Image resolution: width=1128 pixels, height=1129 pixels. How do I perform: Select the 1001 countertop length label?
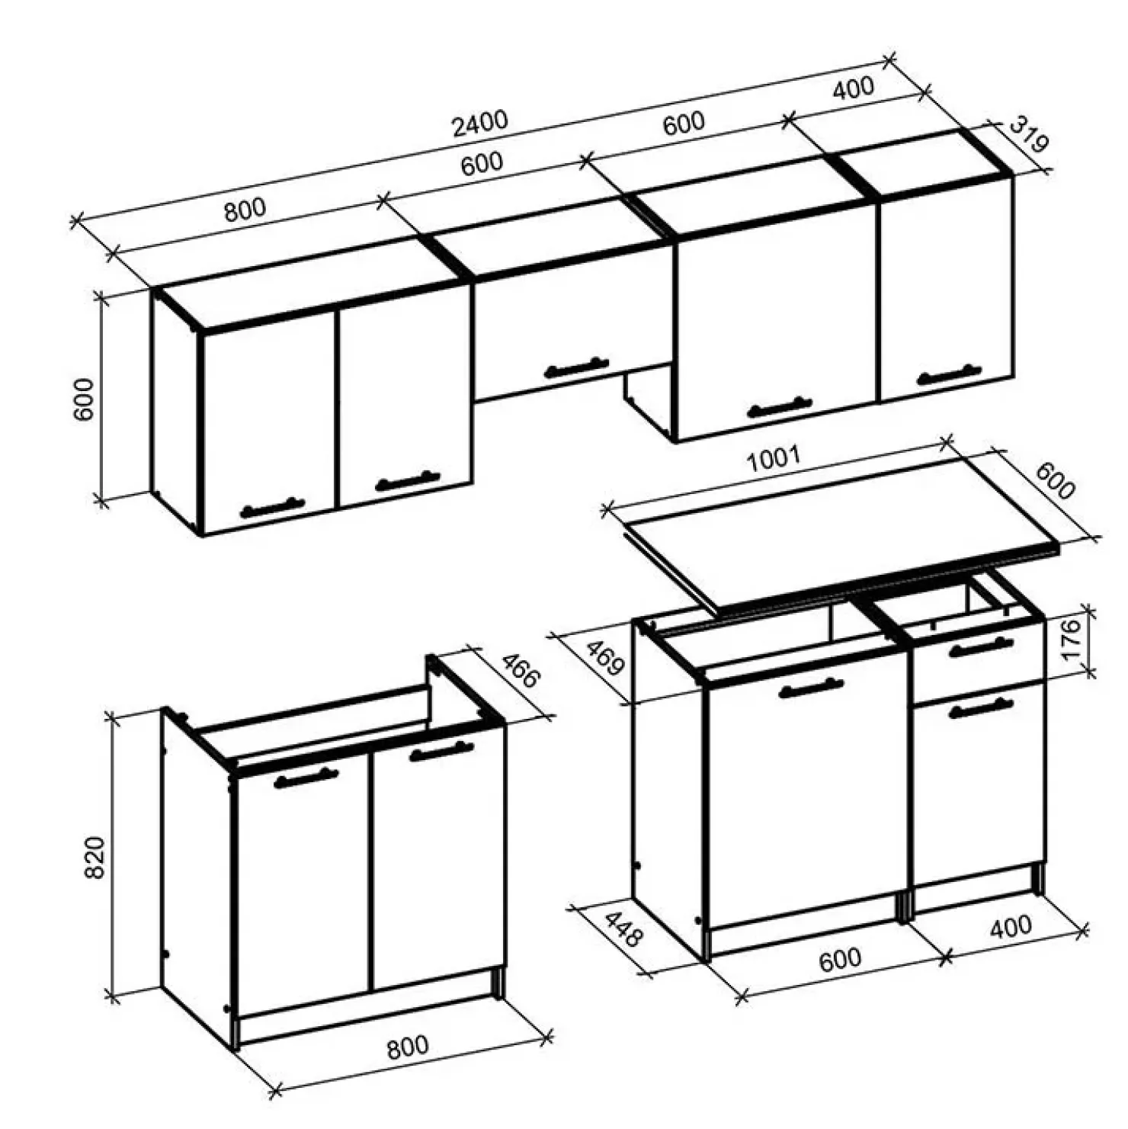[774, 459]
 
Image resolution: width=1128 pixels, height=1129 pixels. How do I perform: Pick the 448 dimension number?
[623, 929]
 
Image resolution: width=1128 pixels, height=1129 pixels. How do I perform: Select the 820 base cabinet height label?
[94, 858]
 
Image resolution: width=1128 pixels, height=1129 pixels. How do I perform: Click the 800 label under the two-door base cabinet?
[408, 1047]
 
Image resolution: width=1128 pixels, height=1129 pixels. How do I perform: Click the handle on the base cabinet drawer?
[981, 647]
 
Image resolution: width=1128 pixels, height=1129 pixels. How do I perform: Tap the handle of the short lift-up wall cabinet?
[577, 368]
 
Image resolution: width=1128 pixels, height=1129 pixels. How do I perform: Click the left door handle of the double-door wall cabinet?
[272, 507]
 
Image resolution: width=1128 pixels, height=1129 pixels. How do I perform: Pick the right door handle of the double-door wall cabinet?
[408, 481]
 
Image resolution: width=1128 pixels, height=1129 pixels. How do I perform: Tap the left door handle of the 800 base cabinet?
[306, 778]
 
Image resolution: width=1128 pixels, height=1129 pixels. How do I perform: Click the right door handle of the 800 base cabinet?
[441, 751]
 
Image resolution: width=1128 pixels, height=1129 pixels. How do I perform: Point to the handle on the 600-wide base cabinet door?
[812, 688]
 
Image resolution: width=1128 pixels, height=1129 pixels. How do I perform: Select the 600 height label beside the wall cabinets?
[83, 399]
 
